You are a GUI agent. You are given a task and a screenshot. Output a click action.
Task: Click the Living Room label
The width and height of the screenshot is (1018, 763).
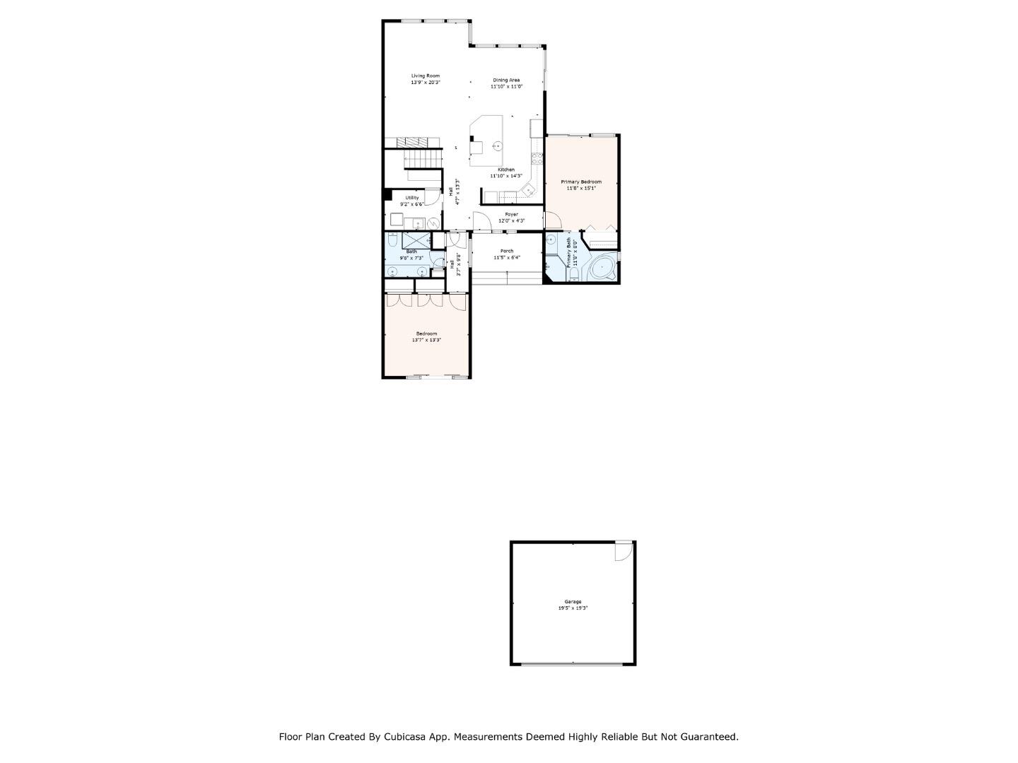tap(426, 76)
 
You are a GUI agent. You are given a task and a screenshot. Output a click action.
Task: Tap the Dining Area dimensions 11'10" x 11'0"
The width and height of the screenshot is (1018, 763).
tap(506, 86)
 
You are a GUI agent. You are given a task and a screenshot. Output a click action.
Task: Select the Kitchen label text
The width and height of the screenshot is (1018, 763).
tap(506, 170)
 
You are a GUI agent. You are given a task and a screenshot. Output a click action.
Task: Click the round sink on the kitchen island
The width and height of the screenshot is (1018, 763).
tap(497, 147)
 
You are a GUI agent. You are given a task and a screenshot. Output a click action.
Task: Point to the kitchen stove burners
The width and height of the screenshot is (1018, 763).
tap(537, 158)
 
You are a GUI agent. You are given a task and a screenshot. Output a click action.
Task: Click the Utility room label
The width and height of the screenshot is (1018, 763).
tap(411, 198)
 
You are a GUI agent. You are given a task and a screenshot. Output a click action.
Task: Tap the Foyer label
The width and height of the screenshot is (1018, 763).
tap(511, 214)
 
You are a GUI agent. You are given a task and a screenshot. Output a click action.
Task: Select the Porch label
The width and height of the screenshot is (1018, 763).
tap(507, 251)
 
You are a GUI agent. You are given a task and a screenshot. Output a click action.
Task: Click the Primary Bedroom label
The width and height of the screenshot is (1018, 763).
tap(580, 182)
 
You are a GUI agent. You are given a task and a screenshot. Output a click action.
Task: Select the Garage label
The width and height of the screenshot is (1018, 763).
tap(573, 602)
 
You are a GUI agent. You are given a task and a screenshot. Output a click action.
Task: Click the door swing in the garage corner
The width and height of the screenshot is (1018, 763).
tap(624, 551)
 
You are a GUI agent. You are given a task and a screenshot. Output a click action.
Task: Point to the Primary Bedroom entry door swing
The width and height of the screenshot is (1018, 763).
tap(553, 221)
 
